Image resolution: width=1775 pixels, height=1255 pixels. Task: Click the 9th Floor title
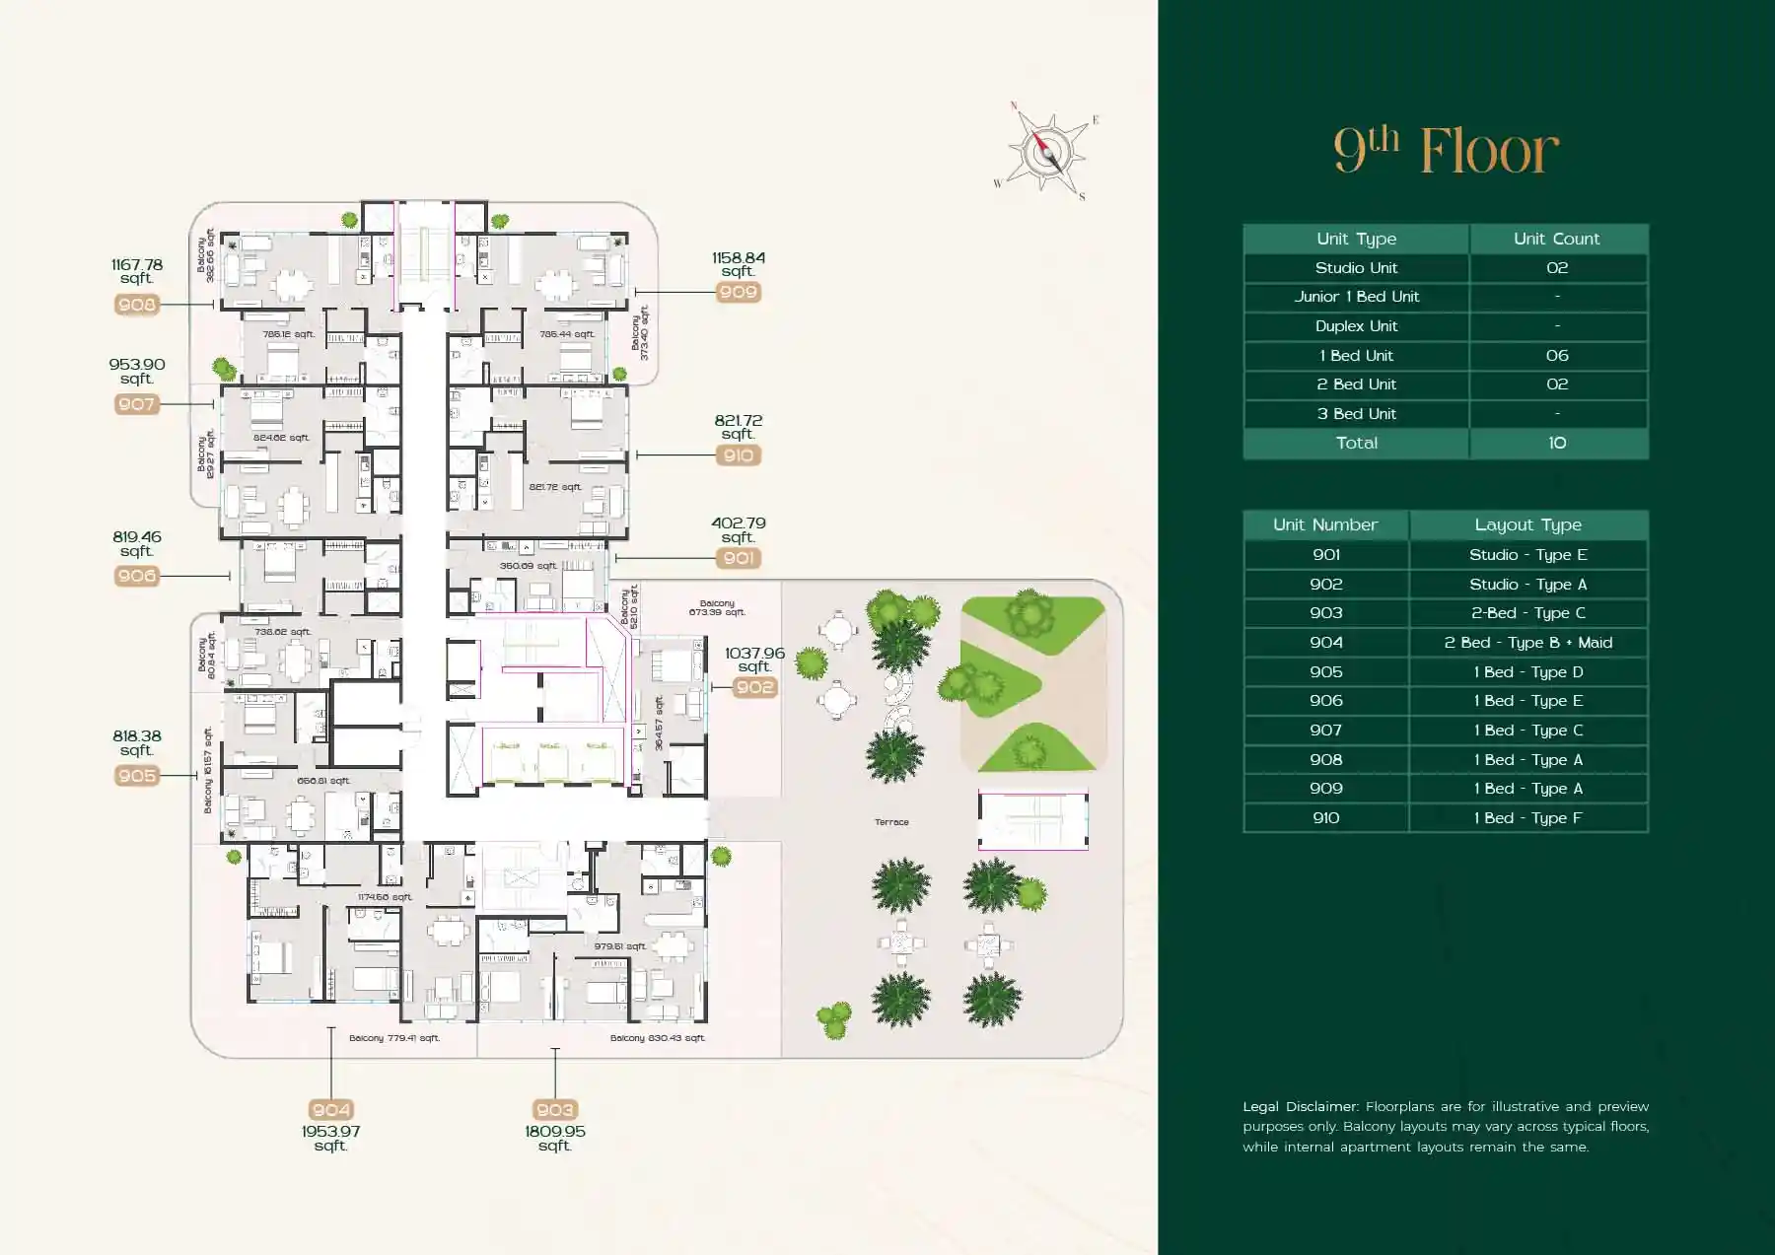pos(1446,150)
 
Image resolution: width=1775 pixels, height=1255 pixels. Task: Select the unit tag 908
pos(137,305)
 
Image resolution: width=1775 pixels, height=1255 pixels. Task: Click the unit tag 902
pos(754,687)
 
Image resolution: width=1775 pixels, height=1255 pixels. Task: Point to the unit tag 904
pos(330,1110)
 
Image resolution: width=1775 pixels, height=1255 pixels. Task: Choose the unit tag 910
pos(738,455)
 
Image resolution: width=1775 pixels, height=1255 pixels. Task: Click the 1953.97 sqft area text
pos(330,1138)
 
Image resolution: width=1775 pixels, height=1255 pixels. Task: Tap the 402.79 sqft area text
pos(738,530)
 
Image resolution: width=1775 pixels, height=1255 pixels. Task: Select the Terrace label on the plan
pos(891,821)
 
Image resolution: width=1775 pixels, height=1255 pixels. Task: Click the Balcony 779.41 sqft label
pos(393,1038)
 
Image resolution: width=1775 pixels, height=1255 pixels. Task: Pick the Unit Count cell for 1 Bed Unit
pos(1556,355)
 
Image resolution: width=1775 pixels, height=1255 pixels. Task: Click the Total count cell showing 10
pos(1556,443)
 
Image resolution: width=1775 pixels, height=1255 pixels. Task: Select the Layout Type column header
pos(1527,524)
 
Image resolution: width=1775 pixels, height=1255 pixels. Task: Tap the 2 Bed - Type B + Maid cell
pos(1527,643)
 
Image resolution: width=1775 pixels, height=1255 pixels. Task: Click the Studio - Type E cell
pos(1527,555)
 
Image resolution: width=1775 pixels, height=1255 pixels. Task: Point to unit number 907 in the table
pos(1325,731)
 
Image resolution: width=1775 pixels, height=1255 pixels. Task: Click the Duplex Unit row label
pos(1356,326)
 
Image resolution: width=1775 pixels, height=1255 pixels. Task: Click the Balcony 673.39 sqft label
pos(717,607)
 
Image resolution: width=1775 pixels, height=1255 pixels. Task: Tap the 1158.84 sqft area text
pos(738,264)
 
